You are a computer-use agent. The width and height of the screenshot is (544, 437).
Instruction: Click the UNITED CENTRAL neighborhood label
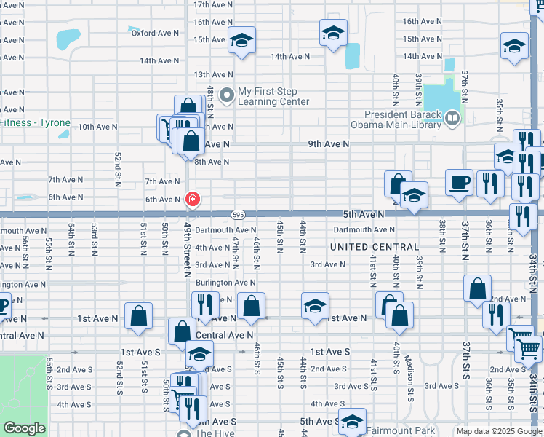375,248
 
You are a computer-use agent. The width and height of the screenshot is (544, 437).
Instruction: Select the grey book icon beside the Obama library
453,117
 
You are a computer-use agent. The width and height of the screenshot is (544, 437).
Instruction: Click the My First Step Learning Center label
273,96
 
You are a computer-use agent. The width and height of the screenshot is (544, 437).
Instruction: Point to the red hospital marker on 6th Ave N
192,198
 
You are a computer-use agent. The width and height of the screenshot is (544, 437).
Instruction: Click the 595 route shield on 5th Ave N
238,215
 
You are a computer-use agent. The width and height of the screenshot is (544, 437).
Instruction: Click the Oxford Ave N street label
155,33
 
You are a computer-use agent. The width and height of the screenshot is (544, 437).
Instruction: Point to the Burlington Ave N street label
225,283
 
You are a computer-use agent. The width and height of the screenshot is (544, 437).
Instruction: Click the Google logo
24,428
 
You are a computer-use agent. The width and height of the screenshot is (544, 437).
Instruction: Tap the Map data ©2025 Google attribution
499,431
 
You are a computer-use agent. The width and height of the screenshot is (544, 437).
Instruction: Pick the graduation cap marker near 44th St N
315,306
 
